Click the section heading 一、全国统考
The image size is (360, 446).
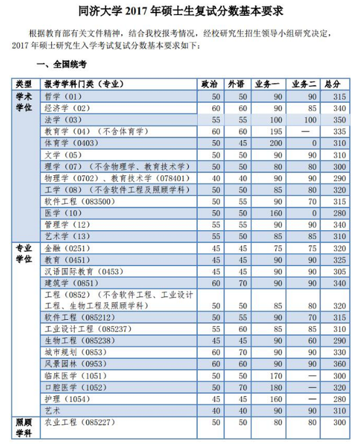pyautogui.click(x=63, y=65)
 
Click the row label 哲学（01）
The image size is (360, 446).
pyautogui.click(x=65, y=97)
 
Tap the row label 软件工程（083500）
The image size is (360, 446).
pyautogui.click(x=74, y=201)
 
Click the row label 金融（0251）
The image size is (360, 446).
pyautogui.click(x=65, y=249)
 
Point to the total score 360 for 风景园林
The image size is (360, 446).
pyautogui.click(x=338, y=364)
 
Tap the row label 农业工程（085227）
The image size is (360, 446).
pyautogui.click(x=77, y=423)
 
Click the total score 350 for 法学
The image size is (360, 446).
pyautogui.click(x=338, y=120)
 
